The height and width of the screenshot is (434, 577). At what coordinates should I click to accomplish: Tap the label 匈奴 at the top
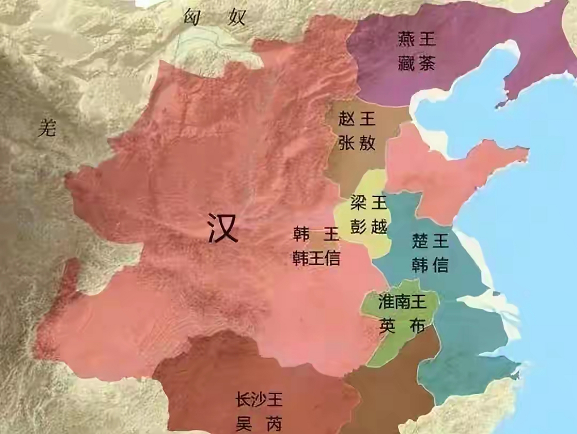214,17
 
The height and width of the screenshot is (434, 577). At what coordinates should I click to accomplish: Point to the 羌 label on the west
47,128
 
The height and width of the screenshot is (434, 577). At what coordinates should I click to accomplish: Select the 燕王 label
417,39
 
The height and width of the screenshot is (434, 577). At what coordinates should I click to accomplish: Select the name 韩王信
316,258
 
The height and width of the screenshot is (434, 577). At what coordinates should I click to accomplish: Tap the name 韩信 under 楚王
430,265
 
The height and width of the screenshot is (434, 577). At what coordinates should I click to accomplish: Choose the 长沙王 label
259,399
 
